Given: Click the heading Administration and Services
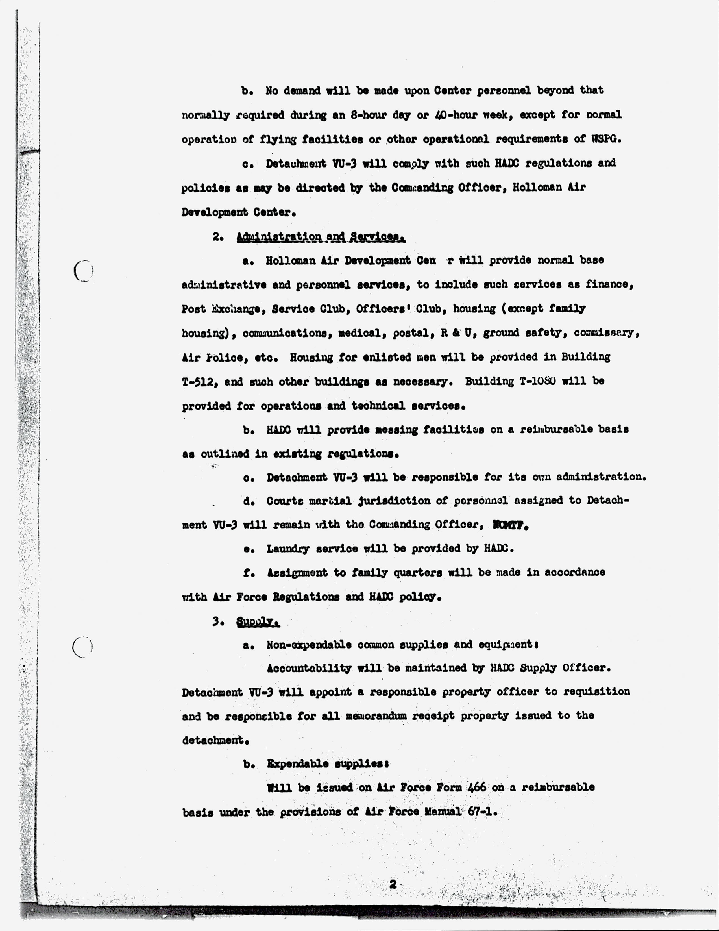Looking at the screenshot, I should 321,237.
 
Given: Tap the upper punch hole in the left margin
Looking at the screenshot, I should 83,270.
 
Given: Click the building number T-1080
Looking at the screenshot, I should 537,381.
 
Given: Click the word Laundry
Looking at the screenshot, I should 288,549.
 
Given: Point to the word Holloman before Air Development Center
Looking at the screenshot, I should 290,260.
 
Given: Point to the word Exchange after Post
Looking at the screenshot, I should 236,309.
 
